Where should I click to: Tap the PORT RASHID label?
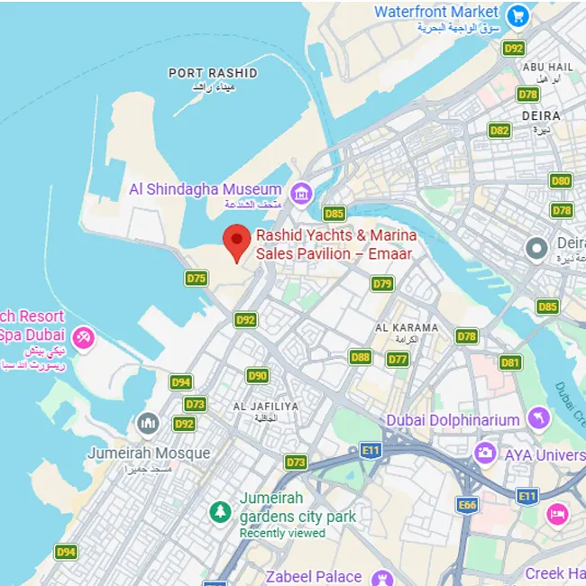click(x=213, y=73)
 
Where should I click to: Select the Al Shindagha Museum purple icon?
click(x=301, y=191)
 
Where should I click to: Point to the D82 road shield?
click(x=499, y=130)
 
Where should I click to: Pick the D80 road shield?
click(x=561, y=180)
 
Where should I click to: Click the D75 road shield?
click(x=197, y=278)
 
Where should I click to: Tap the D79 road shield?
click(x=382, y=284)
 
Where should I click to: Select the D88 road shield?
click(x=361, y=357)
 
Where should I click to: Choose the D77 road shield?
click(x=398, y=359)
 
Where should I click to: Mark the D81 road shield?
click(x=510, y=362)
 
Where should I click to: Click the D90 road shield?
click(x=258, y=376)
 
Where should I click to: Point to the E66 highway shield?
click(x=467, y=505)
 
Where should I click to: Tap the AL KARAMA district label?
click(x=407, y=328)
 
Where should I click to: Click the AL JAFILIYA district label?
click(x=265, y=407)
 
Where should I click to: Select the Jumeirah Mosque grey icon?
click(x=148, y=423)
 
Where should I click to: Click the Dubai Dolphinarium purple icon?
click(x=539, y=417)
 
